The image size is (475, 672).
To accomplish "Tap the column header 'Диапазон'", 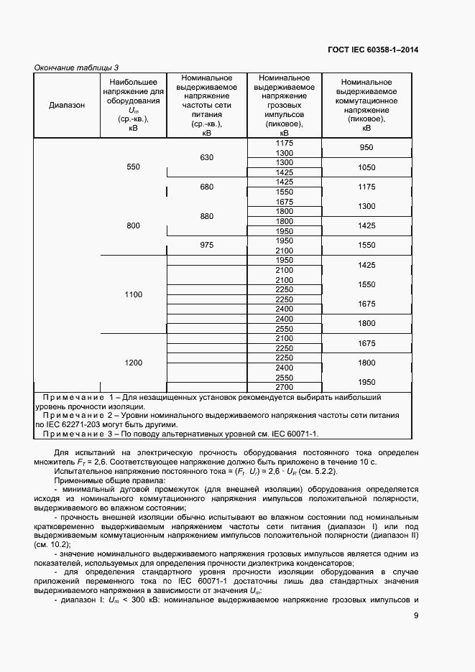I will pos(67,105).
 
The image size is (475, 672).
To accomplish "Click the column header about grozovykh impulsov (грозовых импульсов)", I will pos(284,105).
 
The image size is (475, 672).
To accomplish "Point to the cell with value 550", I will pos(133,167).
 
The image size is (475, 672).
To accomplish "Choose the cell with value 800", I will pos(133,225).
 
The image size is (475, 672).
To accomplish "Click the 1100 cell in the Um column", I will pos(133,294).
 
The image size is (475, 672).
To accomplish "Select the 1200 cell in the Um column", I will pos(133,363).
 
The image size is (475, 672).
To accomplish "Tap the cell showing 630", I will pos(207,157).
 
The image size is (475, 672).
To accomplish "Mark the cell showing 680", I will pos(207,187).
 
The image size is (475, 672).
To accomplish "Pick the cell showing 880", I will pos(207,216).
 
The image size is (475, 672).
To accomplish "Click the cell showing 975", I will pos(207,246).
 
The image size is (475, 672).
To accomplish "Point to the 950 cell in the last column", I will pos(366,147).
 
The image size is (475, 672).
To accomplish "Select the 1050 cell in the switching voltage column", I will pos(366,167).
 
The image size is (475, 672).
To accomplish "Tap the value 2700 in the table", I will pos(284,387).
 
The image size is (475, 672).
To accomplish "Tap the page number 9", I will pos(416,615).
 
